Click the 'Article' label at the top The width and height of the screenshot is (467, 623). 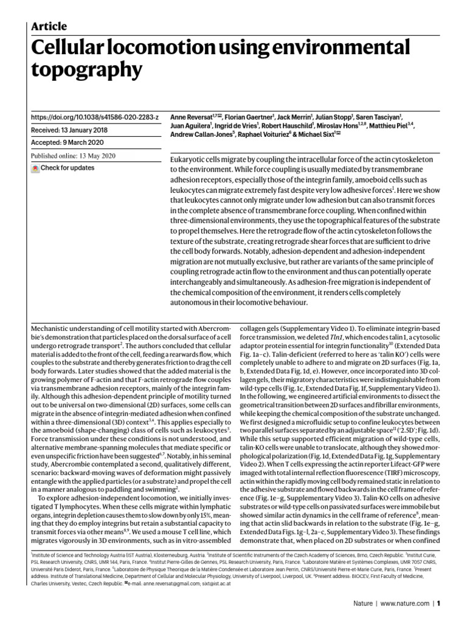49,26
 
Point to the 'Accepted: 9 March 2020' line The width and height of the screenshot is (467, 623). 69,143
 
